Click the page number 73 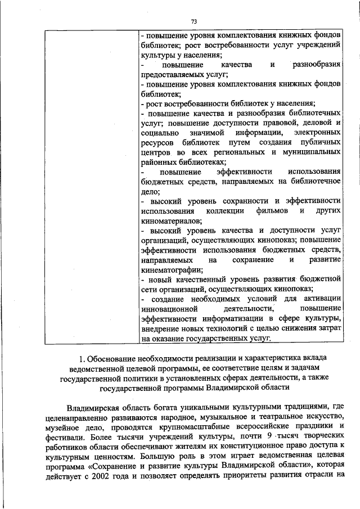point(194,21)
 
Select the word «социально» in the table point(159,132)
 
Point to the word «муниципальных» point(312,152)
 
